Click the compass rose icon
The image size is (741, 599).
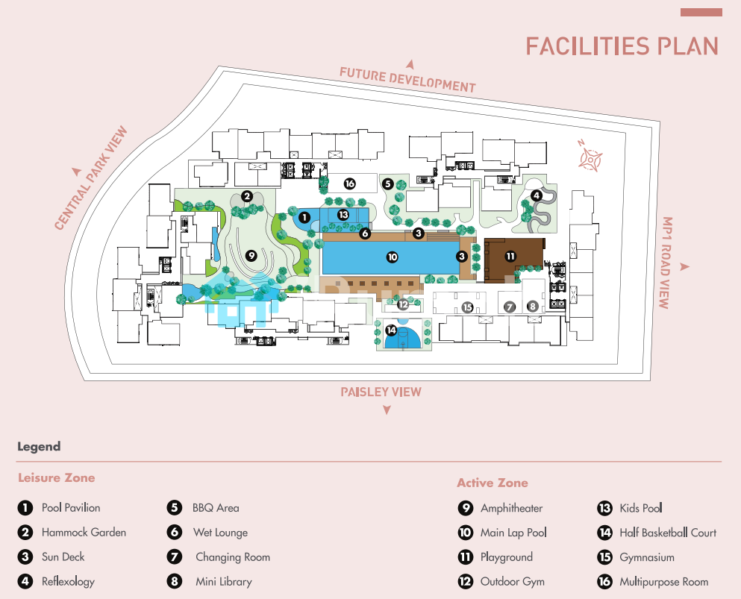(x=591, y=157)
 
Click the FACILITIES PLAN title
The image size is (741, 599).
(x=622, y=46)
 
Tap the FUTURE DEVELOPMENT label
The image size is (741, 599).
(x=407, y=79)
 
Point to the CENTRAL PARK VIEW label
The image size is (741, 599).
(x=91, y=178)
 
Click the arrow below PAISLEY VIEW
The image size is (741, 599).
(x=387, y=410)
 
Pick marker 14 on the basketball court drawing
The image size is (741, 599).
(x=391, y=330)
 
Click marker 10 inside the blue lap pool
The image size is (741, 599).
(x=392, y=257)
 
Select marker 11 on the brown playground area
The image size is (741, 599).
(x=510, y=256)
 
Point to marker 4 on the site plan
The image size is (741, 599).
(x=536, y=195)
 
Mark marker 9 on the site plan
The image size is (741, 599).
(x=251, y=255)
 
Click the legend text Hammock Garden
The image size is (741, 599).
(x=84, y=533)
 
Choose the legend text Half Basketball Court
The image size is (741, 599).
(x=668, y=533)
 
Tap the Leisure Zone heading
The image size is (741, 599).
(x=57, y=477)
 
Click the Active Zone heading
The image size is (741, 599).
(x=493, y=483)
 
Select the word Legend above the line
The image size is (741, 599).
(x=39, y=447)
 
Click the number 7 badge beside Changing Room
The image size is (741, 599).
(x=175, y=557)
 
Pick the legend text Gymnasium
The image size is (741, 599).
(x=647, y=557)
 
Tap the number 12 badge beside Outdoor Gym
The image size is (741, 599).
(x=466, y=582)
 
